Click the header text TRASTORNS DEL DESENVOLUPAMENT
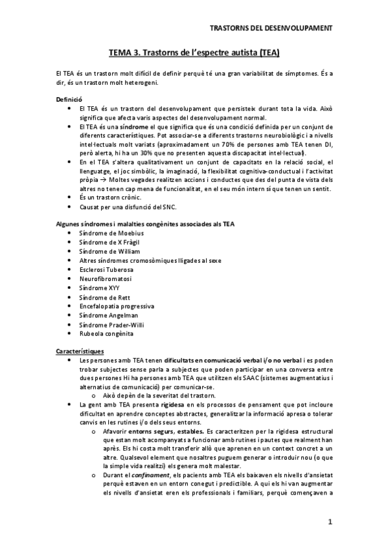click(x=272, y=28)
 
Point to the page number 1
click(x=330, y=521)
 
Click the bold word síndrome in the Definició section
click(x=137, y=128)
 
